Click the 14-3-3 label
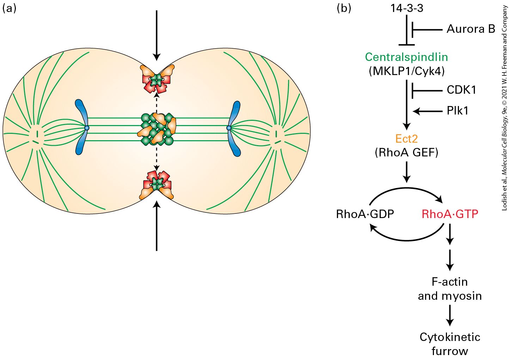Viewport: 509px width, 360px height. click(x=407, y=8)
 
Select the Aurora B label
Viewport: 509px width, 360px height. click(x=471, y=29)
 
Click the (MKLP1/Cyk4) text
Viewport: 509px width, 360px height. click(x=407, y=72)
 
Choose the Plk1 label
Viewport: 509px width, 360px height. click(x=458, y=111)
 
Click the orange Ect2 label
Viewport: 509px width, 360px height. click(x=406, y=138)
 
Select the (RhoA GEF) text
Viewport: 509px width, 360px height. click(x=406, y=153)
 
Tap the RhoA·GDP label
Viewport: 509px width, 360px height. click(x=365, y=214)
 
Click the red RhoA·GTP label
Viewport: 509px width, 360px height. click(x=450, y=214)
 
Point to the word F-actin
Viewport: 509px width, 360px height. click(x=450, y=282)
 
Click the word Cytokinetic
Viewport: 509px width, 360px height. click(x=450, y=337)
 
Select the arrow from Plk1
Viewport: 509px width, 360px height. click(x=428, y=111)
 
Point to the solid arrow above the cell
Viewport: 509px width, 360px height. click(x=157, y=36)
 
